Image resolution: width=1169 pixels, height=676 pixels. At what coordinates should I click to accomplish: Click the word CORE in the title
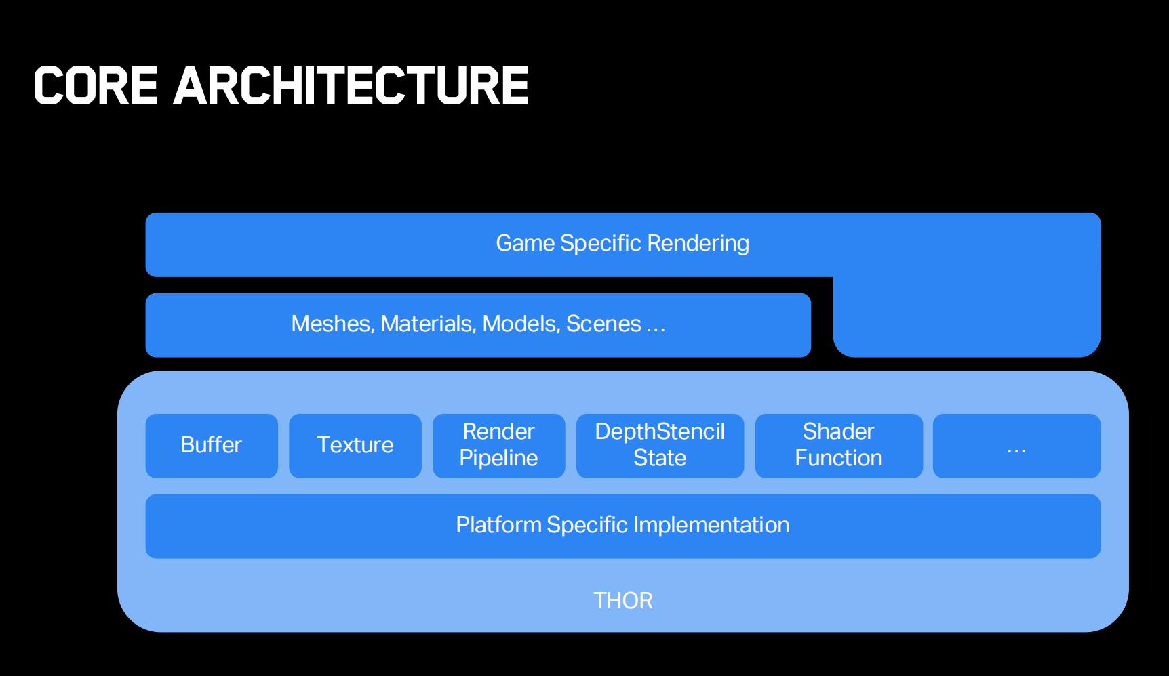[x=96, y=86]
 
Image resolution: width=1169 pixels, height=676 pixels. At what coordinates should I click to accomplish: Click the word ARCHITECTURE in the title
[x=351, y=86]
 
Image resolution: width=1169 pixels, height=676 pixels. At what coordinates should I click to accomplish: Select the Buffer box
[x=212, y=446]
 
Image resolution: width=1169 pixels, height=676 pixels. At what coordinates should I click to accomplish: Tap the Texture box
[x=355, y=446]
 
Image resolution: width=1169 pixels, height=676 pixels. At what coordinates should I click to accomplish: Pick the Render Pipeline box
[x=499, y=446]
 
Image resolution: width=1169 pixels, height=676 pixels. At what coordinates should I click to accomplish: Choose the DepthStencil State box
[x=660, y=446]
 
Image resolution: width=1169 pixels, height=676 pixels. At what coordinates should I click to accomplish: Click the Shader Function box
[x=839, y=446]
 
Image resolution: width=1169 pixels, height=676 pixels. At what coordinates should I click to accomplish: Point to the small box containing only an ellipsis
[x=1016, y=446]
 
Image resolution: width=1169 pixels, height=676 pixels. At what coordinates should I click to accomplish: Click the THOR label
[x=623, y=601]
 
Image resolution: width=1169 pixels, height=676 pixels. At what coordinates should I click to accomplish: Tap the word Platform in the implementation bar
[x=499, y=525]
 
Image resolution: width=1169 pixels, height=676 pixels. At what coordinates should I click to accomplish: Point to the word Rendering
[x=698, y=244]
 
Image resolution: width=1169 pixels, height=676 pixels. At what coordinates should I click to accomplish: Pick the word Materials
[x=429, y=324]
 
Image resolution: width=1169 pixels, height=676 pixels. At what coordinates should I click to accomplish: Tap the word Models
[x=521, y=324]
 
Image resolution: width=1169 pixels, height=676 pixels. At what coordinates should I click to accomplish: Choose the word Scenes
[x=604, y=324]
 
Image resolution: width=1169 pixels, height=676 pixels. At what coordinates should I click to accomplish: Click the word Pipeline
[x=498, y=459]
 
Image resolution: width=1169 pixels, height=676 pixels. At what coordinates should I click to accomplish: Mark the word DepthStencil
[x=660, y=432]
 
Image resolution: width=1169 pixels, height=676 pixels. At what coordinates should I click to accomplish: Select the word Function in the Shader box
[x=839, y=459]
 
